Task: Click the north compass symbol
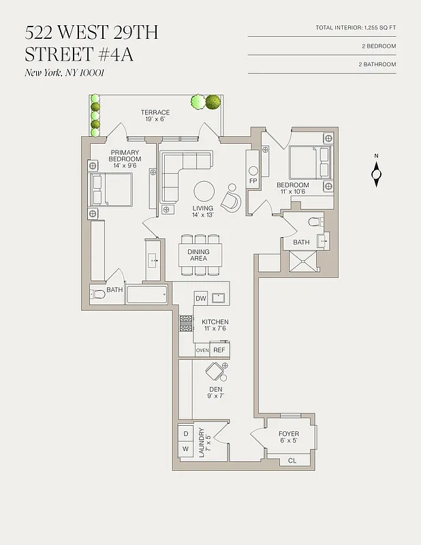(376, 174)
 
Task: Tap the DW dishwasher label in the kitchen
(201, 298)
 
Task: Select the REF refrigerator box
(219, 350)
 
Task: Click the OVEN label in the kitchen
(202, 350)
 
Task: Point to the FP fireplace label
(253, 182)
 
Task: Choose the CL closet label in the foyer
(292, 461)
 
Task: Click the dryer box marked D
(185, 433)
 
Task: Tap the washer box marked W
(185, 450)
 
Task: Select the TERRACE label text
(155, 112)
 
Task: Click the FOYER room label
(289, 434)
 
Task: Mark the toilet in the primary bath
(97, 294)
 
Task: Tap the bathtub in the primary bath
(146, 295)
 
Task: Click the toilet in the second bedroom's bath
(315, 221)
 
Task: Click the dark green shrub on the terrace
(214, 102)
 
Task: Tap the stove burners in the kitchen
(186, 322)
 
